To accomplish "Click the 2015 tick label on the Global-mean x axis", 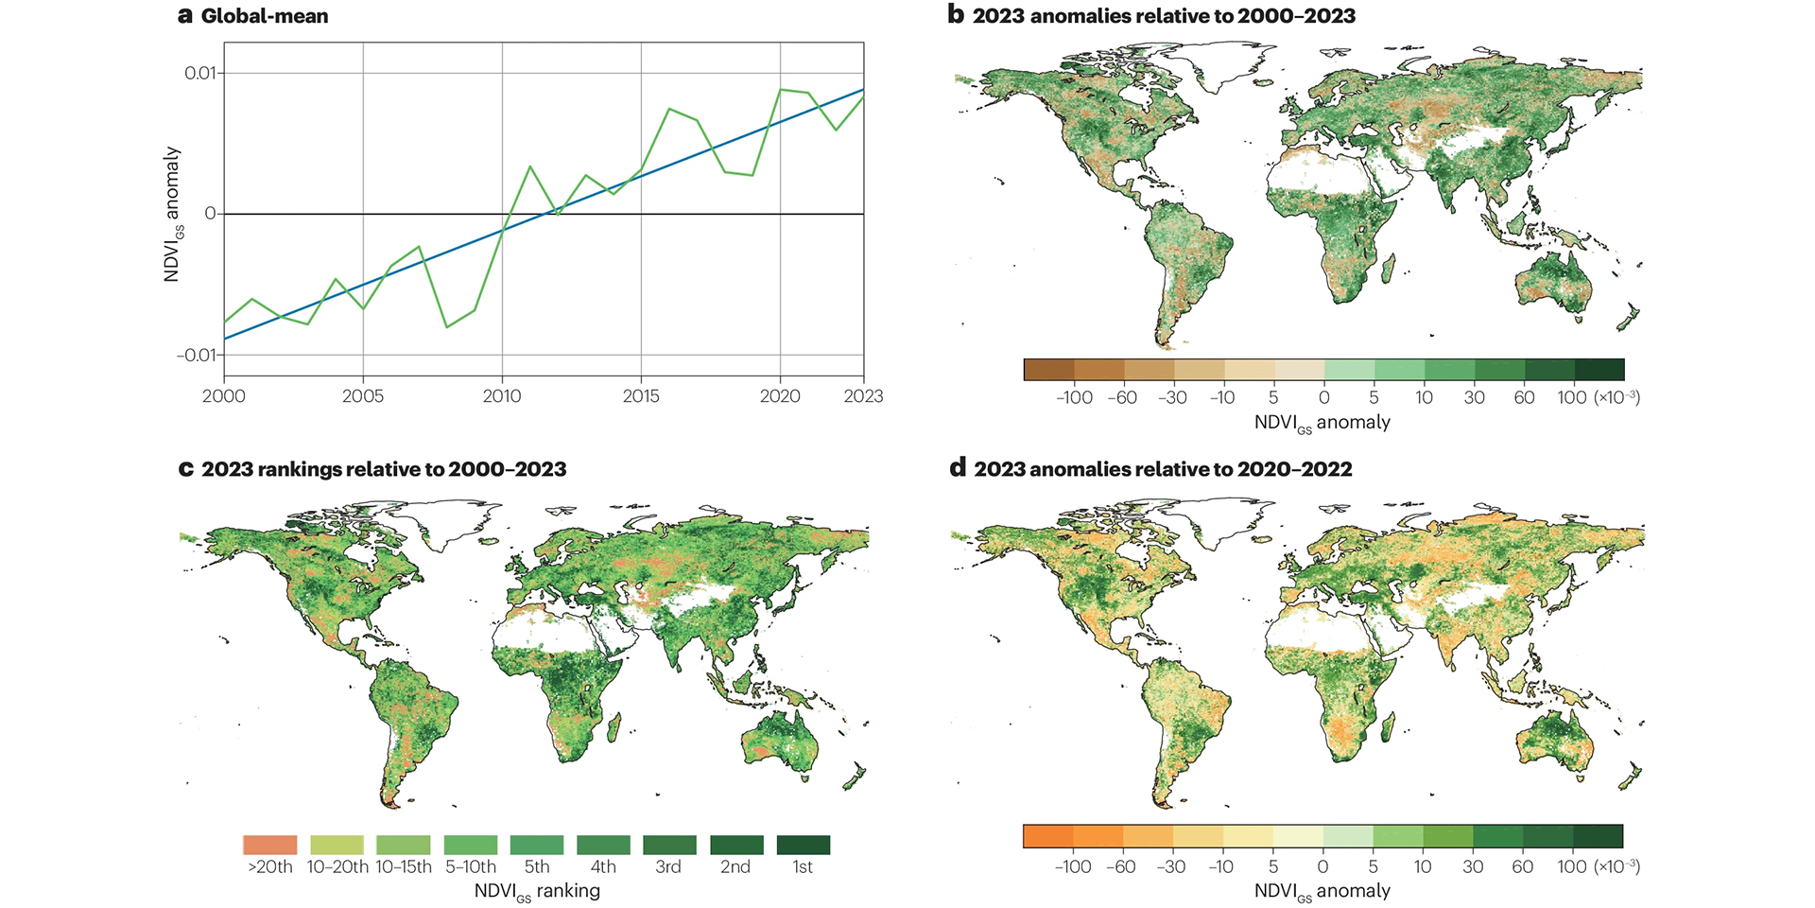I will click(641, 396).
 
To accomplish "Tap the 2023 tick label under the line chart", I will click(863, 396).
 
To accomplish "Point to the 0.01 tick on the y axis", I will click(200, 73).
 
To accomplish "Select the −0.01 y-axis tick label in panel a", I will click(197, 355).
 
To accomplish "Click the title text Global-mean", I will click(265, 16).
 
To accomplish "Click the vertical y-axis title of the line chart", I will click(171, 214).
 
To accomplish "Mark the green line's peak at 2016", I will click(669, 109).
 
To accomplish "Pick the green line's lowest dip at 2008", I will click(447, 327).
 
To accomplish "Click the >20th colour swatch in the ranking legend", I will click(270, 845).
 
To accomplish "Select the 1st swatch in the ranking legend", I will click(803, 845).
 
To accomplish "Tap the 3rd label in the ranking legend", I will click(668, 867).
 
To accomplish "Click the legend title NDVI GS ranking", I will click(536, 891).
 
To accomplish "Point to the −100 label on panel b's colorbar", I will click(1074, 398).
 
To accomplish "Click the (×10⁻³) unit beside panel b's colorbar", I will click(1616, 398).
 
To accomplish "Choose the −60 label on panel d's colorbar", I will click(1122, 866).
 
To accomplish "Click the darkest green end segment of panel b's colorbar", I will click(1599, 369).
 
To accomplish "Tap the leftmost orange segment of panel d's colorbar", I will click(1048, 836).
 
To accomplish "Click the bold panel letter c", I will click(186, 469).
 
